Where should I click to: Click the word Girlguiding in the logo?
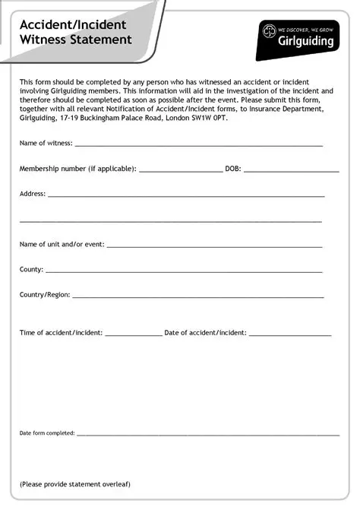(x=307, y=42)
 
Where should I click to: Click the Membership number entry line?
(x=180, y=171)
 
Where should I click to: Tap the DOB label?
(x=232, y=169)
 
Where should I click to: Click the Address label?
(x=33, y=193)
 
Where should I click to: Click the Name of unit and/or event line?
(x=214, y=246)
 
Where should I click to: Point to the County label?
(x=31, y=269)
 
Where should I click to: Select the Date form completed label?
(x=47, y=432)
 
